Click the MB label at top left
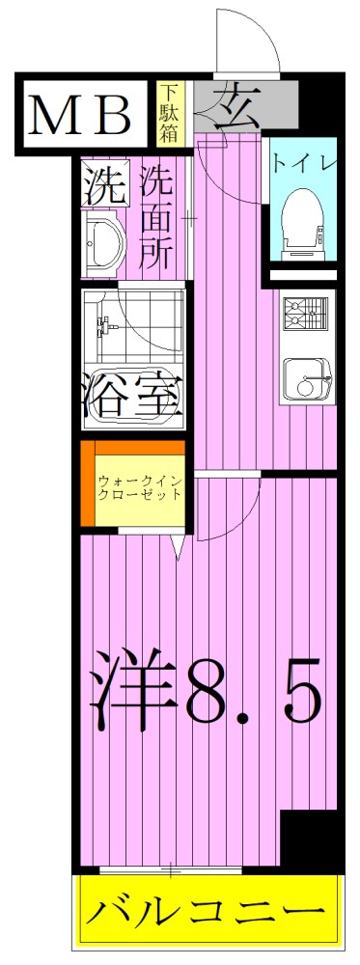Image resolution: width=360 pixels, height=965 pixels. click(x=83, y=116)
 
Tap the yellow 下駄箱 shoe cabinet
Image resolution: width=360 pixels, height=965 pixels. click(x=169, y=113)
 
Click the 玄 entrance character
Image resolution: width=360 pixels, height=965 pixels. click(x=232, y=103)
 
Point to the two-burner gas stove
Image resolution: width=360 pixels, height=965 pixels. click(x=307, y=314)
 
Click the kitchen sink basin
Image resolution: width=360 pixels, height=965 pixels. click(x=308, y=377)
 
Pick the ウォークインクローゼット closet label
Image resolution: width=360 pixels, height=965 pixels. click(x=140, y=486)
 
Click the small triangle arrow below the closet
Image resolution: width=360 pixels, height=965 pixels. click(x=179, y=546)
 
